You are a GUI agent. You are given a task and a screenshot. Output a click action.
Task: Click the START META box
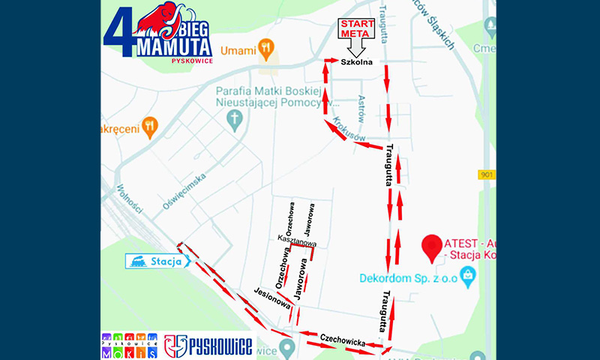357,29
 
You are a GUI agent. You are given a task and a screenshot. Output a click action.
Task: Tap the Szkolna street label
357,61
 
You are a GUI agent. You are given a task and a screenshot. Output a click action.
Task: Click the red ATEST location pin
431,248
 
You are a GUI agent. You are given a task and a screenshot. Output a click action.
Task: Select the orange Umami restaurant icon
265,50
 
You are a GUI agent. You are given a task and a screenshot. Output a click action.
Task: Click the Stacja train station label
158,261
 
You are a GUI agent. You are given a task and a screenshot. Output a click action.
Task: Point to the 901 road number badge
487,174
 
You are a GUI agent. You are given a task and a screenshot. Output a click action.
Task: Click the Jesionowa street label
271,298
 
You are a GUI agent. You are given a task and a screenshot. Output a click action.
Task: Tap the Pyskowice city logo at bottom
208,346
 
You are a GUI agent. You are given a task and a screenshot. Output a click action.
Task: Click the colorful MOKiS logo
129,346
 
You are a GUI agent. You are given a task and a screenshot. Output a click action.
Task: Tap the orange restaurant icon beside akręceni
150,127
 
